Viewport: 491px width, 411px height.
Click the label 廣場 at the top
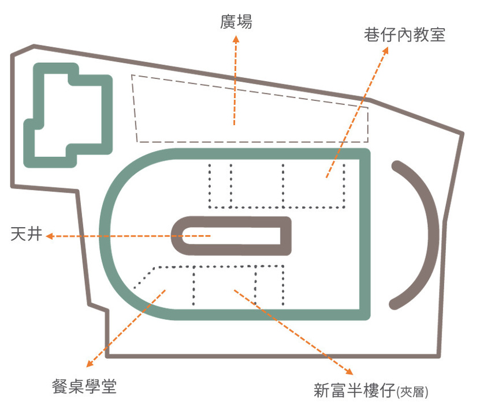(236, 22)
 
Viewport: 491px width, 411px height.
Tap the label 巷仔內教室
(404, 35)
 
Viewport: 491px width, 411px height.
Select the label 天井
(27, 234)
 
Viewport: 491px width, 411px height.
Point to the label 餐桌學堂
(84, 386)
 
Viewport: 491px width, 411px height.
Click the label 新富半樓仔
(355, 390)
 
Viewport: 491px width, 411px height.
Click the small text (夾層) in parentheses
(412, 391)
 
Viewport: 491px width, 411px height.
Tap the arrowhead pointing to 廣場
(236, 39)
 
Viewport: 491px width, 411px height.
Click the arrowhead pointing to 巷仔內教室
(385, 50)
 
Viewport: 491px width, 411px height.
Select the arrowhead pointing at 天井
(50, 236)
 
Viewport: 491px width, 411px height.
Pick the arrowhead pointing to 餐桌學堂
(90, 364)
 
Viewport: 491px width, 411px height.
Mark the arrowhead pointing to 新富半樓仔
(349, 371)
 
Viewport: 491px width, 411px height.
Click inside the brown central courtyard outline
(232, 236)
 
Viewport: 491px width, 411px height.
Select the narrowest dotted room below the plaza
(221, 185)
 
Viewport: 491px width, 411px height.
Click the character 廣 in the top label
(228, 22)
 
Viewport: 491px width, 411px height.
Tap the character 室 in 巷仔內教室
(437, 35)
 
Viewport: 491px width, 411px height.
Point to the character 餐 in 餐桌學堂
(60, 386)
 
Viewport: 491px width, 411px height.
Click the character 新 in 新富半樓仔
(322, 390)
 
